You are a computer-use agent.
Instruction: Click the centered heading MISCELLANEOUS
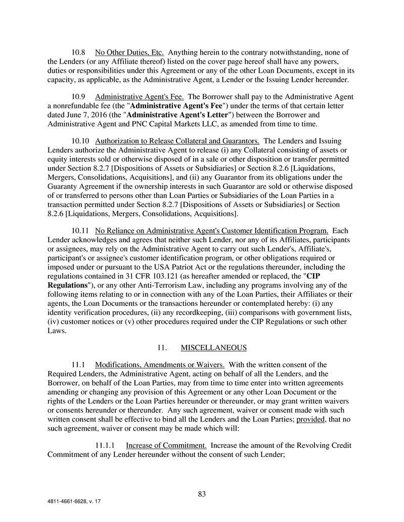(x=213, y=347)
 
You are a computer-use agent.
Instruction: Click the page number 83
(x=202, y=494)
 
